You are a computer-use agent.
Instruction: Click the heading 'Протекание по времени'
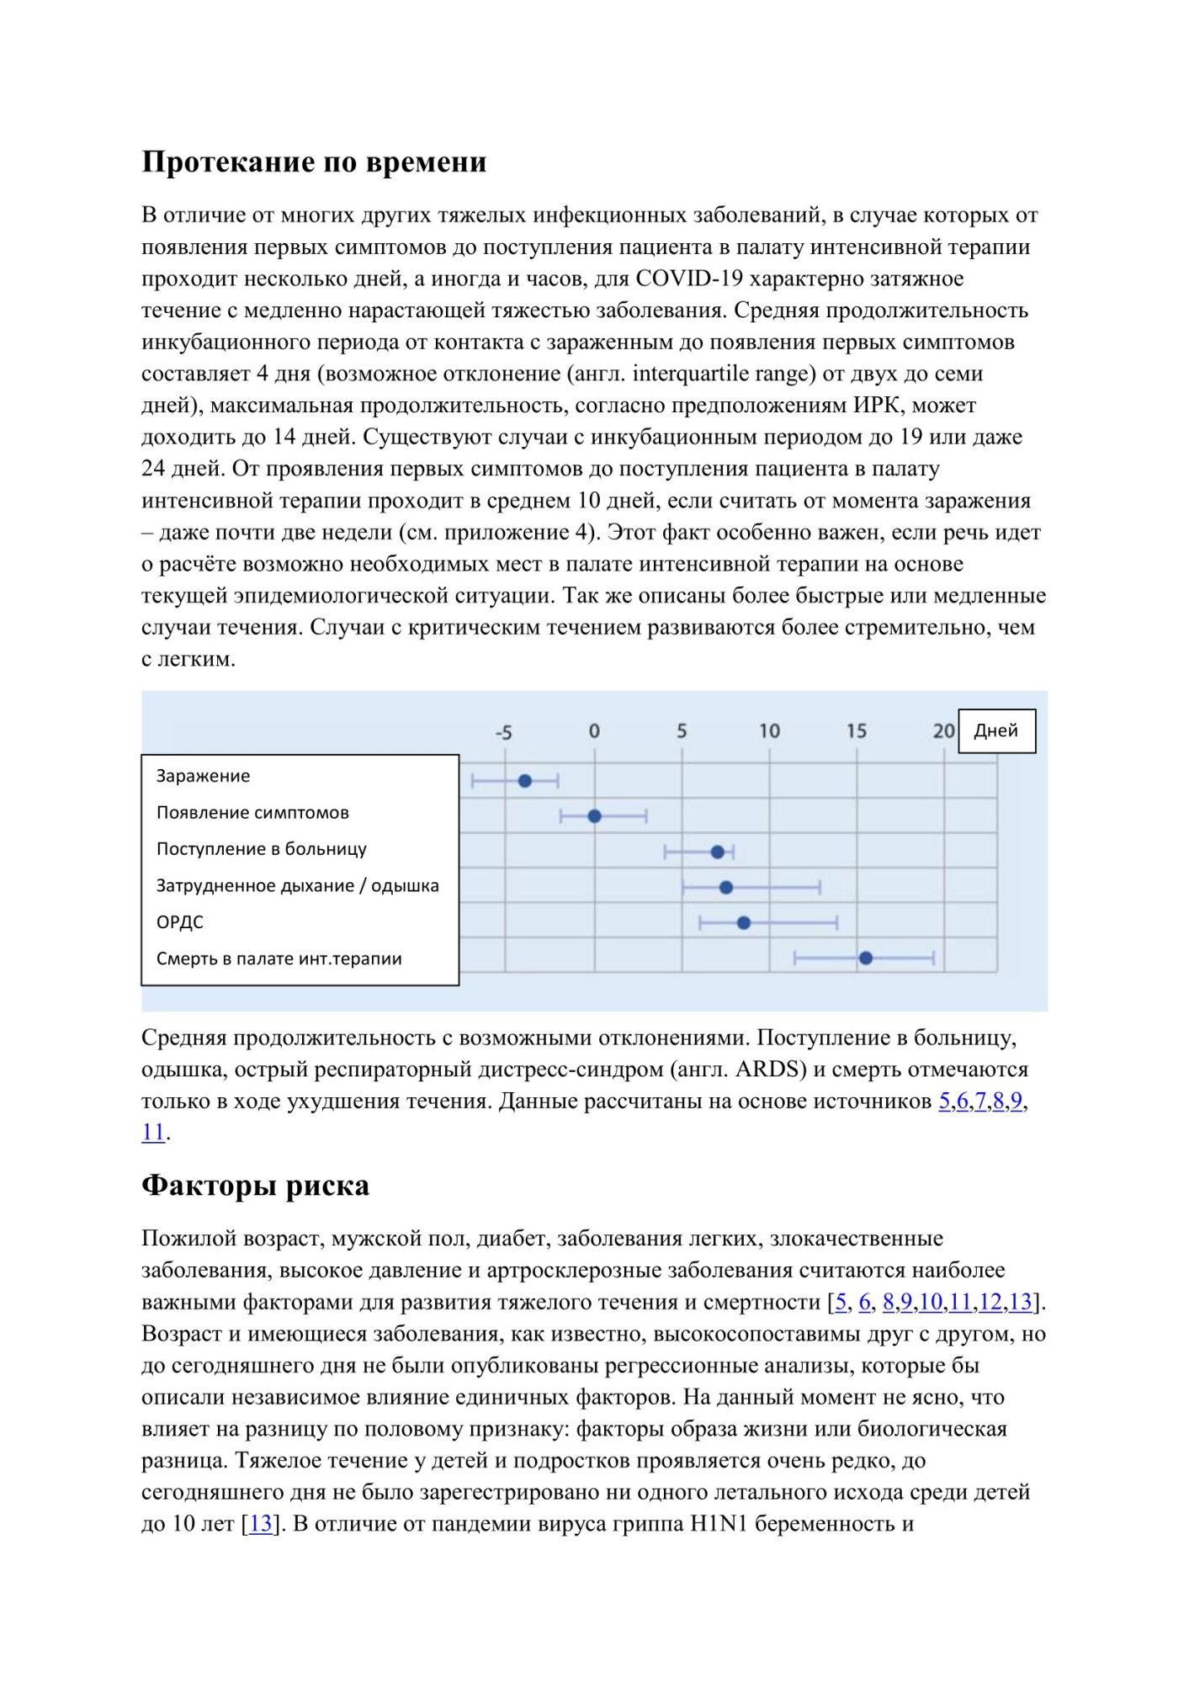click(314, 162)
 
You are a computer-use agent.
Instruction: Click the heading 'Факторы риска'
click(255, 1186)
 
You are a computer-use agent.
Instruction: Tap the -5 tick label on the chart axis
click(503, 732)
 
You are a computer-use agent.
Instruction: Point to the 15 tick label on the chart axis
click(856, 730)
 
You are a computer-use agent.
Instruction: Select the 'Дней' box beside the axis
click(996, 730)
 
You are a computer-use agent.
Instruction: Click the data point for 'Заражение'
click(525, 781)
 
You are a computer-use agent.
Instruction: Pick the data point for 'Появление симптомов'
click(594, 816)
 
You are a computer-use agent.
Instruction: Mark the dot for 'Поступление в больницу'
click(718, 852)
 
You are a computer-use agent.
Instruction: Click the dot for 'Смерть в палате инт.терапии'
click(866, 958)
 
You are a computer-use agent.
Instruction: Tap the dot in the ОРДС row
click(744, 923)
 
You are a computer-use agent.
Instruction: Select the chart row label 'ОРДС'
click(180, 922)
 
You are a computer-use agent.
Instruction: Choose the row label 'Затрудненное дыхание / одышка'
click(297, 885)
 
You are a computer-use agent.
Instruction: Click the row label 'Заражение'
click(203, 776)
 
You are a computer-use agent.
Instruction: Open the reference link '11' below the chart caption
click(153, 1133)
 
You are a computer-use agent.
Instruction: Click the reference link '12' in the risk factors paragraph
click(990, 1303)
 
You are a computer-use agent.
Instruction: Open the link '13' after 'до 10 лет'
click(261, 1524)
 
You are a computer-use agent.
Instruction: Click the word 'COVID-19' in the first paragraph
click(689, 279)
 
